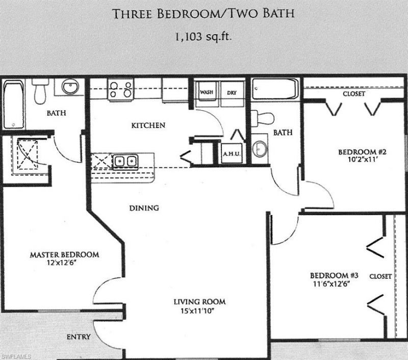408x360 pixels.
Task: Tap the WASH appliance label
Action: [x=207, y=93]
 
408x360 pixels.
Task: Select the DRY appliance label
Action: [x=232, y=93]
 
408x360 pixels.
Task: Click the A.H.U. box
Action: [x=231, y=153]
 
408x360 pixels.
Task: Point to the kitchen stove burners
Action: [x=121, y=90]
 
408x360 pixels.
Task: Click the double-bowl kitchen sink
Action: [x=125, y=161]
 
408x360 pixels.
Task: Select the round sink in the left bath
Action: [x=70, y=87]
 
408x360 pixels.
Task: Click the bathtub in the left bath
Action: [x=12, y=104]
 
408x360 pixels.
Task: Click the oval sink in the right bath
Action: [x=261, y=148]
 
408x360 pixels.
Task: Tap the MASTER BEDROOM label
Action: [x=64, y=254]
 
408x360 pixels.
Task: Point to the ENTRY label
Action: [x=79, y=337]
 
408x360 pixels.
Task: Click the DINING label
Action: [x=143, y=208]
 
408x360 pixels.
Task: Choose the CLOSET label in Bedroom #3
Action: [x=380, y=276]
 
